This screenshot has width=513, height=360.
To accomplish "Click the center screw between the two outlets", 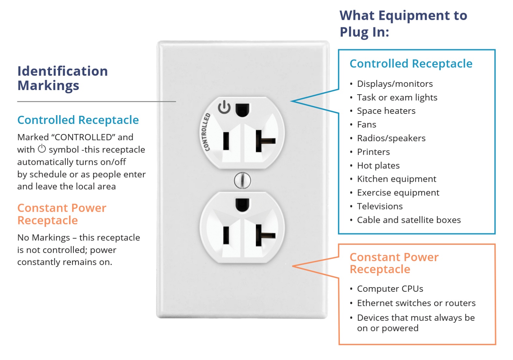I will (x=243, y=180).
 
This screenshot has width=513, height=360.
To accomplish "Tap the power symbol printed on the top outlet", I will (x=224, y=107).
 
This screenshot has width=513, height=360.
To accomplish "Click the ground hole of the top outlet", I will (x=242, y=110).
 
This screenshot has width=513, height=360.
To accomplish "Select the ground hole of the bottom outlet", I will (x=242, y=205).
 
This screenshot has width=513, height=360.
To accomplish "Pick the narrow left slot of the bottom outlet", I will (x=226, y=235).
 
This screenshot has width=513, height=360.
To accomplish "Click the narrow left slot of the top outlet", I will (x=226, y=141).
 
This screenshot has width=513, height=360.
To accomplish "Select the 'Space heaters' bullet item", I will (x=386, y=111).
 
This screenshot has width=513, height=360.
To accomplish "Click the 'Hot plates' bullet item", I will (x=378, y=166).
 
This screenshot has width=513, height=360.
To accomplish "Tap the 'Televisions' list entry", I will (x=380, y=206).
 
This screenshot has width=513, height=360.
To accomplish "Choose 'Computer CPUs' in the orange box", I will (x=390, y=289).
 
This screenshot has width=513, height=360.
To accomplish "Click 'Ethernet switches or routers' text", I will (x=416, y=303).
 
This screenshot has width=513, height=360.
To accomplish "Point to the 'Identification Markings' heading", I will (x=62, y=78).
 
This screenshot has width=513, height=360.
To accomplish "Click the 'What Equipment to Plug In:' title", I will (x=403, y=23).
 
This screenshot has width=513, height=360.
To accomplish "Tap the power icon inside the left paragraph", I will (x=42, y=149).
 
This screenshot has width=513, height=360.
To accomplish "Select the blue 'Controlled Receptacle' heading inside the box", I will (x=411, y=64).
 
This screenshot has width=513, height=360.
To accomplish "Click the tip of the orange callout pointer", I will (x=293, y=266).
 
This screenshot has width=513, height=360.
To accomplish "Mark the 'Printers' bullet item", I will (x=373, y=152).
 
